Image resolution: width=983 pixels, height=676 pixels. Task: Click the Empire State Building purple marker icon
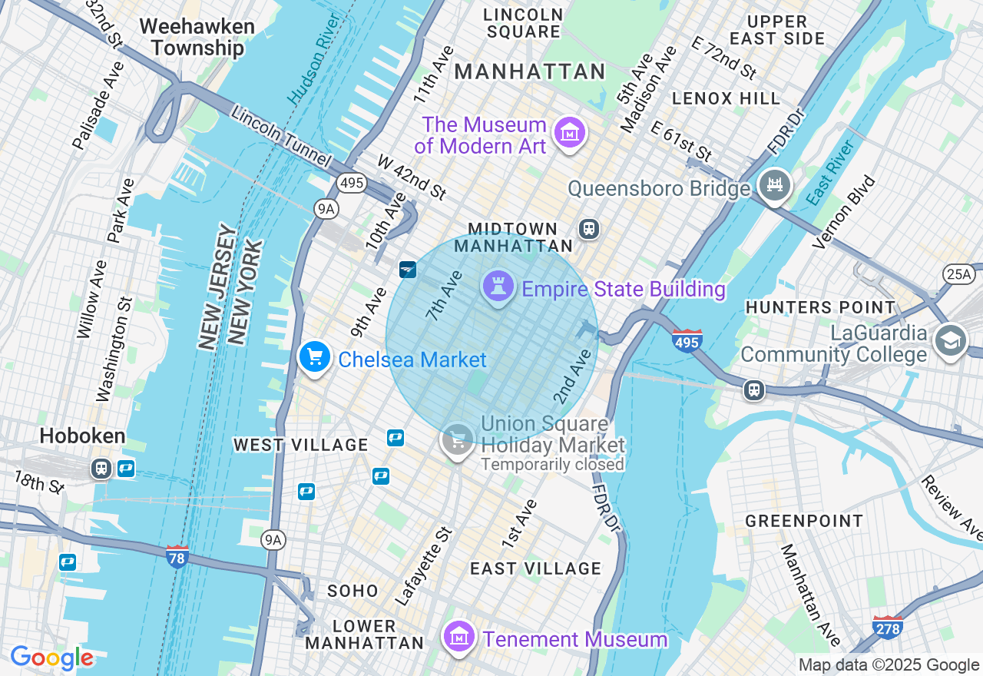click(498, 287)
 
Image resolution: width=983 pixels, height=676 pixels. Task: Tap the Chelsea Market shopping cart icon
click(314, 357)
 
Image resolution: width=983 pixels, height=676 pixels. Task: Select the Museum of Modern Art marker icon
click(570, 134)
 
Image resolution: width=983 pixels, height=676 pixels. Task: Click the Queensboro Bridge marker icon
click(775, 185)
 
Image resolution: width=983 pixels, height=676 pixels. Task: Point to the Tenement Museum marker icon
click(459, 637)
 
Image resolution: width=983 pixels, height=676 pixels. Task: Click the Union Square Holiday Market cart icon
click(458, 441)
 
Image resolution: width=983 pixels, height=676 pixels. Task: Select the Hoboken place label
click(82, 436)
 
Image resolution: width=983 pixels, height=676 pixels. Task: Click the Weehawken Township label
click(197, 37)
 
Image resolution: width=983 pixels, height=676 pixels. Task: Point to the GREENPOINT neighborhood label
click(804, 522)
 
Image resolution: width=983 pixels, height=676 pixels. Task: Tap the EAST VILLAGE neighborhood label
click(535, 568)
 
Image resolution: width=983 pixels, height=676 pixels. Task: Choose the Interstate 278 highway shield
click(887, 627)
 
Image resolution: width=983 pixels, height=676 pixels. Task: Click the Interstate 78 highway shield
click(177, 556)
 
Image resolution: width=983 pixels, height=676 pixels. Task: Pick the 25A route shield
click(958, 274)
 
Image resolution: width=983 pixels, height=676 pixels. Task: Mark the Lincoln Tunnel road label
click(281, 138)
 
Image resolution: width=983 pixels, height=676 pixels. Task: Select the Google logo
click(51, 658)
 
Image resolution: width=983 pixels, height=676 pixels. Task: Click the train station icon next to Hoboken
click(101, 468)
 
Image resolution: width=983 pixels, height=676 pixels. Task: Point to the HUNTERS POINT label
click(820, 307)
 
